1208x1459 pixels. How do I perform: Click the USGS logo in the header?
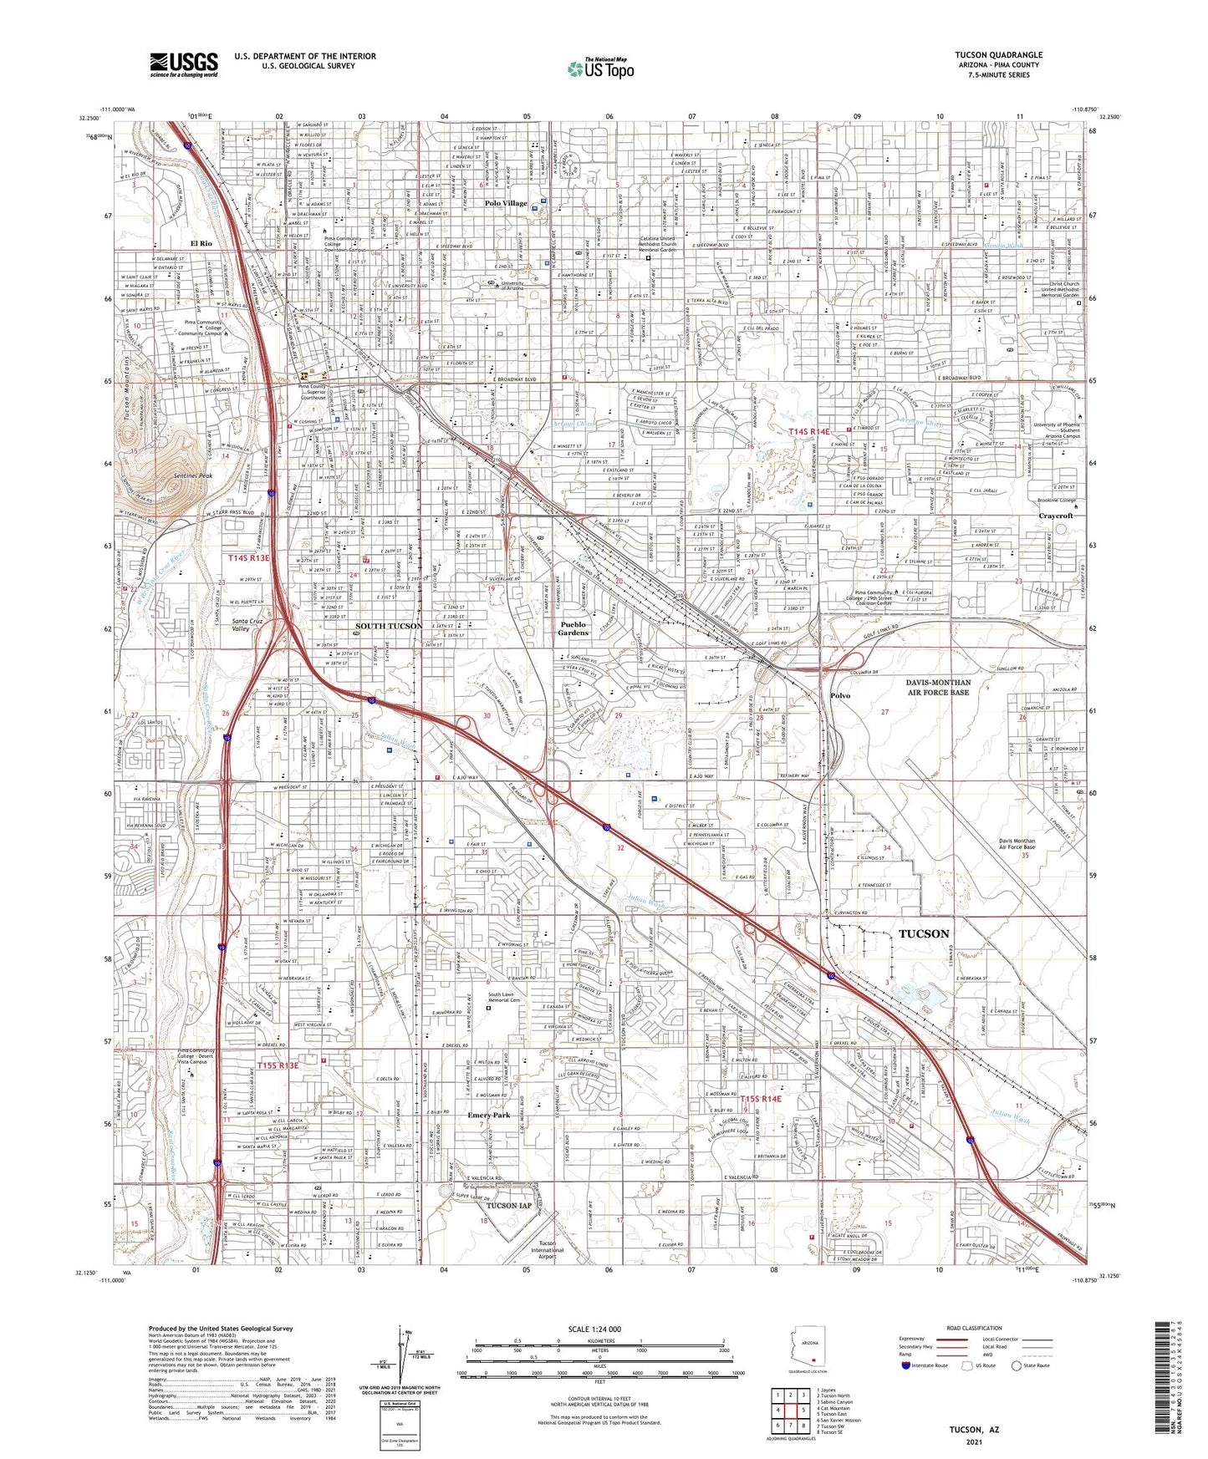184,64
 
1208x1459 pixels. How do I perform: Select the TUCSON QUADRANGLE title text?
998,55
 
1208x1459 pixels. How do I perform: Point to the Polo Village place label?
506,203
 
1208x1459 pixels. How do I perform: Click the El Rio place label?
201,243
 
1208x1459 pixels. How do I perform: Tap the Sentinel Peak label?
193,475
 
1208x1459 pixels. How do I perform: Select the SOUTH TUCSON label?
389,626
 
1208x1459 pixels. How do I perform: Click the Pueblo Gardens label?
573,628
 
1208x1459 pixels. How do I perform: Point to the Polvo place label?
840,695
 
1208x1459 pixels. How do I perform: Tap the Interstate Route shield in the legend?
906,1366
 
